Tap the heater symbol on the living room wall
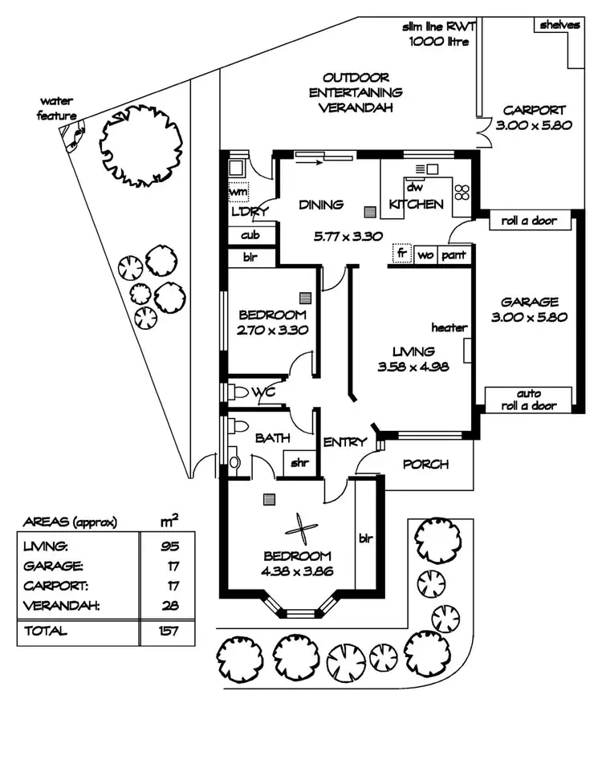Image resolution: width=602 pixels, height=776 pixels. pos(466,350)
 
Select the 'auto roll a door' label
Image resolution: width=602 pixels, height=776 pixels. pos(529,400)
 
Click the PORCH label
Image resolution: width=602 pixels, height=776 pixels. pos(425,465)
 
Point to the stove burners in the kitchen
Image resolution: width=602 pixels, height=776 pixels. pos(462,192)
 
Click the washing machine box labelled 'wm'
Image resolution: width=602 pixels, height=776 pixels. pos(238,193)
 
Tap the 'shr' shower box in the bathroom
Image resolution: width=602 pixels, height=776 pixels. pos(299,461)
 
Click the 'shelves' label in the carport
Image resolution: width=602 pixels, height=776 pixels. pos(559,25)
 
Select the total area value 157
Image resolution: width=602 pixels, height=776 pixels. pos(169,631)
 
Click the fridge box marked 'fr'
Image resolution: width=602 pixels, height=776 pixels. pos(401,254)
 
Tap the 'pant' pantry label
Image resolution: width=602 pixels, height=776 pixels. pos(453,254)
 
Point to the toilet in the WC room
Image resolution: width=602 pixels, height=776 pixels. pos(237,393)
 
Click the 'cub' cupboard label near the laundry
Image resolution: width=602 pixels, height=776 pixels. pos(249,236)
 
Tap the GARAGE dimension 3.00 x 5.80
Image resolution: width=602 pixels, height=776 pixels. pos(529,316)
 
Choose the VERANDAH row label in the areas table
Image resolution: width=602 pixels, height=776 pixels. pos(62,605)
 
